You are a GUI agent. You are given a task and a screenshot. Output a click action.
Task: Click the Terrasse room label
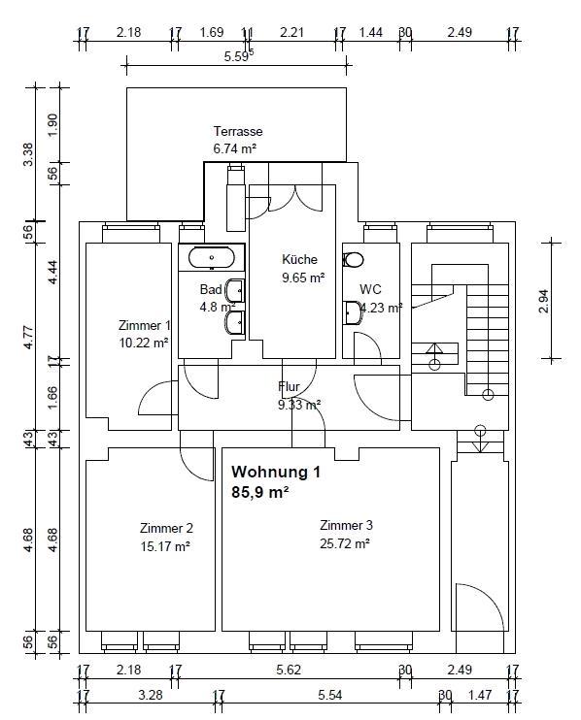point(238,131)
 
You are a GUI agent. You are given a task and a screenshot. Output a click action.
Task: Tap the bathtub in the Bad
point(212,257)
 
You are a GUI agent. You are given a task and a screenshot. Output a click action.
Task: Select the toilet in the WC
point(353,260)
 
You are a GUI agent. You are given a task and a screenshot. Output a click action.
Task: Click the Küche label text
point(299,259)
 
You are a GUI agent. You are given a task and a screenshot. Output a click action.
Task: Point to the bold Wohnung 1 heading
point(276,472)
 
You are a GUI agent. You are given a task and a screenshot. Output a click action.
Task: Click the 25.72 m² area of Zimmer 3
point(345,543)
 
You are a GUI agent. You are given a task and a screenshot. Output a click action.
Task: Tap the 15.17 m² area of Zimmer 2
point(165,546)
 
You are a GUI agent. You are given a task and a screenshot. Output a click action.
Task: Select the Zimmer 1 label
point(145,326)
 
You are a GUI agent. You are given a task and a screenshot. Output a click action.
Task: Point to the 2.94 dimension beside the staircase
point(543,301)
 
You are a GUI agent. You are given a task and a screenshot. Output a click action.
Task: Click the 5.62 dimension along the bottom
point(289,670)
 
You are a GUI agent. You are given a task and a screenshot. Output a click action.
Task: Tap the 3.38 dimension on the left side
point(28,154)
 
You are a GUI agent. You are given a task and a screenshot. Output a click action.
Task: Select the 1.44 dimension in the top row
point(370,32)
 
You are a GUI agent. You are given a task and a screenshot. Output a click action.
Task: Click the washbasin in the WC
point(352,312)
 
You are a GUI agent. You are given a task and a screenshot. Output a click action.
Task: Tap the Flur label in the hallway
point(289,386)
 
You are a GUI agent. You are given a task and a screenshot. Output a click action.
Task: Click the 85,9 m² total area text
point(260,492)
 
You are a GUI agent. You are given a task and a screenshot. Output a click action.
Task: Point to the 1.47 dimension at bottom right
point(480,695)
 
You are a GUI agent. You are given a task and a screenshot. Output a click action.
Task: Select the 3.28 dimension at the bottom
point(151,695)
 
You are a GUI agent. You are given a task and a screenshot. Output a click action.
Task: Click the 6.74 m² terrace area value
point(234,148)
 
